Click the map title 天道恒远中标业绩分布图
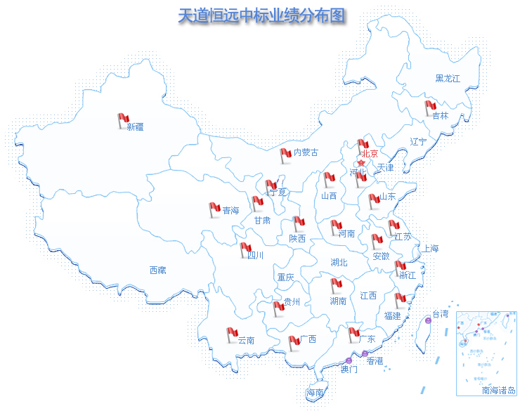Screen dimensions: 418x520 point(261,16)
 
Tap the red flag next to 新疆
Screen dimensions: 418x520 point(123,120)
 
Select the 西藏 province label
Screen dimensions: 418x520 point(157,270)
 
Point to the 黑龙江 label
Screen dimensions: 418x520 point(447,79)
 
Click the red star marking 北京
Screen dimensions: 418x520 point(361,163)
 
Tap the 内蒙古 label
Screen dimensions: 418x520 point(306,152)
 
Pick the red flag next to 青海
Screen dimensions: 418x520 point(214,209)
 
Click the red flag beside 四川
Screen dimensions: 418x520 point(245,249)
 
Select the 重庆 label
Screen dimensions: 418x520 point(285,277)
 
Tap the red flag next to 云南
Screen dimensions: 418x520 point(232,334)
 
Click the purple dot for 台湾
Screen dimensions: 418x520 point(429,320)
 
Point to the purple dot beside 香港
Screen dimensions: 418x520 point(365,353)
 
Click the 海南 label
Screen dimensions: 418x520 point(314,393)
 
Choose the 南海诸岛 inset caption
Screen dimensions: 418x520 point(499,391)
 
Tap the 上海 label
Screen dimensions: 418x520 point(429,249)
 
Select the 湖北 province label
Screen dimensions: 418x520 point(339,263)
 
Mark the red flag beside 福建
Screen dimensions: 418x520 point(400,300)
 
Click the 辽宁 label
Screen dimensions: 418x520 point(418,142)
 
